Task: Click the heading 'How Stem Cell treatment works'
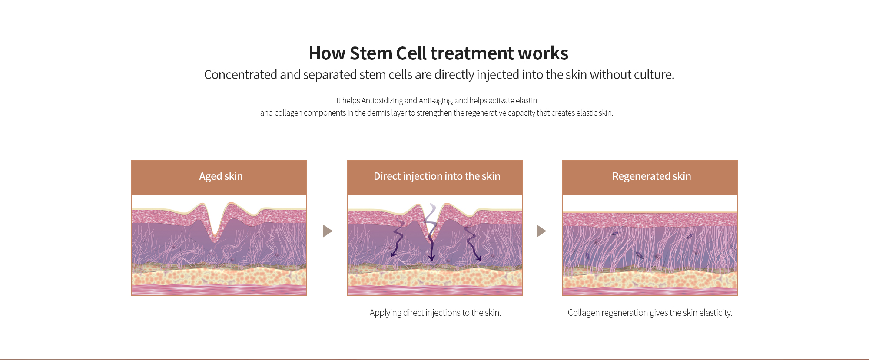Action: point(438,53)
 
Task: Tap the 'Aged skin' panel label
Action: point(221,176)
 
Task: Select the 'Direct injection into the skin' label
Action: point(437,176)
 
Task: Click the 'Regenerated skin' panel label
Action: point(651,176)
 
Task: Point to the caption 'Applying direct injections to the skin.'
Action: point(435,313)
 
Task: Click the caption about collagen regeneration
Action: point(650,313)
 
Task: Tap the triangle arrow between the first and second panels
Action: point(328,231)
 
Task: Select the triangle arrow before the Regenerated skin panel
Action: point(541,231)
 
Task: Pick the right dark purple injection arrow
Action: point(472,243)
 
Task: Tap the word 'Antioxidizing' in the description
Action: point(382,101)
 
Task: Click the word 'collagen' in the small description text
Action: point(289,113)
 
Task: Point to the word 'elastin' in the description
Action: point(526,101)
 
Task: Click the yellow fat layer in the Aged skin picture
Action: point(219,277)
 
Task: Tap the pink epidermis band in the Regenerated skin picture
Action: point(650,219)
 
